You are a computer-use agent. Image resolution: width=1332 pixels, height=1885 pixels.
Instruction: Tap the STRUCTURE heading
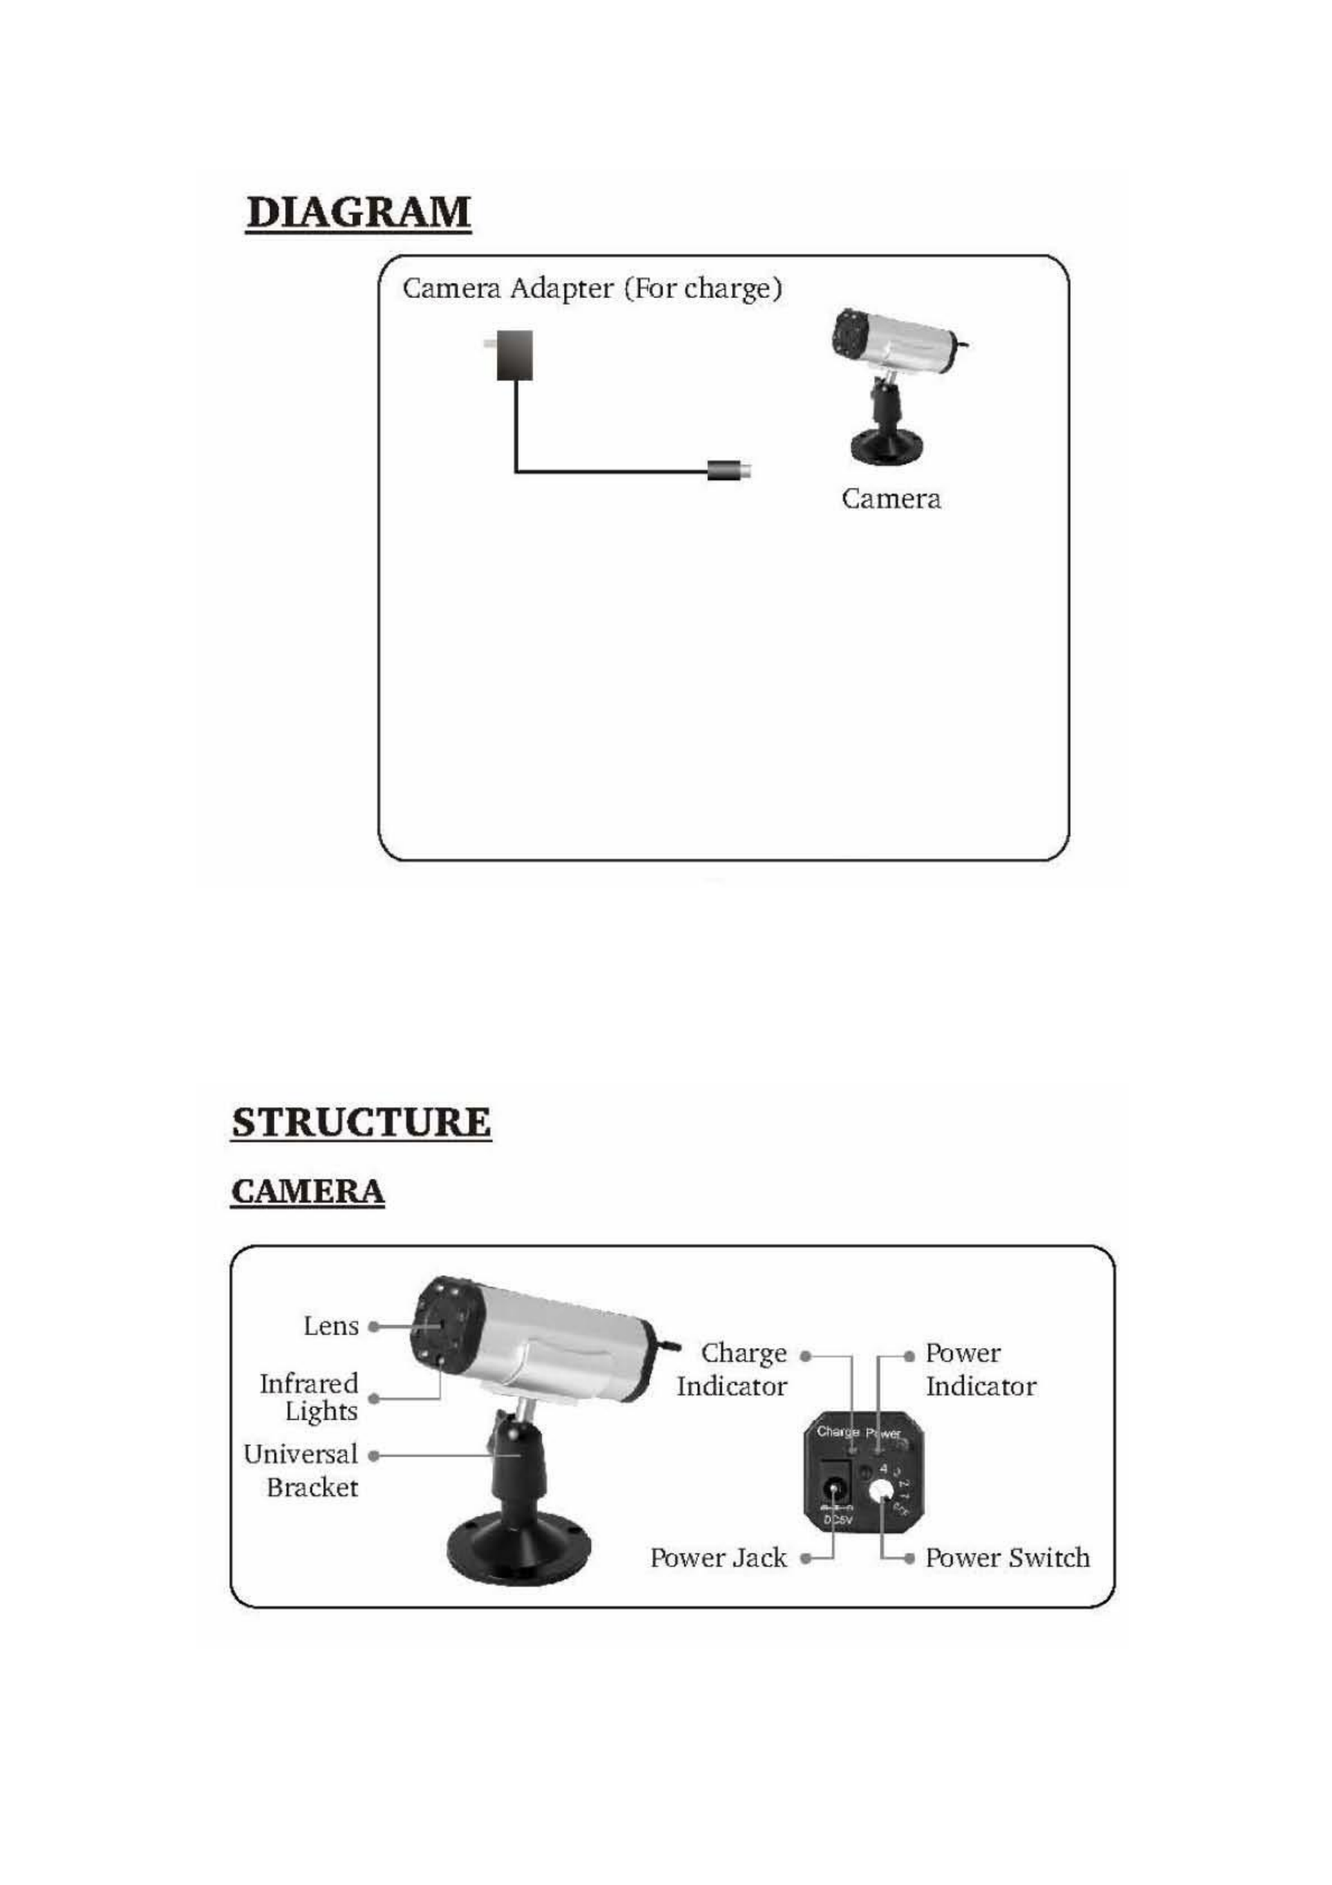(x=361, y=1121)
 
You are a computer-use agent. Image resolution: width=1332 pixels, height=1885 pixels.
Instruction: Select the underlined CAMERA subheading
(x=307, y=1191)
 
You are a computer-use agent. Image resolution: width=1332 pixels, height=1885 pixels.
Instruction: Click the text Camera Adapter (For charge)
(x=592, y=289)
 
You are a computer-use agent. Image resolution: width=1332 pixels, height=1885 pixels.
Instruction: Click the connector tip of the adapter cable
(x=731, y=470)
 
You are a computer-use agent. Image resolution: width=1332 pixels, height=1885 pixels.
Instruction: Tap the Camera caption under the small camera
(x=890, y=499)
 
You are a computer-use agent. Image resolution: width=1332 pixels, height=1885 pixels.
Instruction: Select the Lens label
(x=331, y=1327)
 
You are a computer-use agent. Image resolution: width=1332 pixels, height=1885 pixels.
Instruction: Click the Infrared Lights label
(x=310, y=1398)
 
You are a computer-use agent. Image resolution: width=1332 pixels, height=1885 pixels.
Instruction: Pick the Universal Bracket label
(x=301, y=1471)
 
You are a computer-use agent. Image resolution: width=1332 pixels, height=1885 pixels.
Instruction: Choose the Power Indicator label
(x=980, y=1369)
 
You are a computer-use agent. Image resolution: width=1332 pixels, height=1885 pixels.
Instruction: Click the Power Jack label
(x=718, y=1558)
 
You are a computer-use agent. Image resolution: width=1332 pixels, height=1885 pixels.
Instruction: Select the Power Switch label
(x=1007, y=1558)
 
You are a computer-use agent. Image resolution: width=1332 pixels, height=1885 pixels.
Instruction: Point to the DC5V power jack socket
(x=836, y=1489)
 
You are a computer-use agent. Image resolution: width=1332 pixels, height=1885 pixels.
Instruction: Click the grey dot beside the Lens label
(x=373, y=1327)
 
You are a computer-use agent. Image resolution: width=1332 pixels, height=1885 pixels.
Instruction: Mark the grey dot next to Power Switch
(x=908, y=1558)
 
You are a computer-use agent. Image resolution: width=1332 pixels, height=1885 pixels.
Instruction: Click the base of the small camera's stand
(x=889, y=446)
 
